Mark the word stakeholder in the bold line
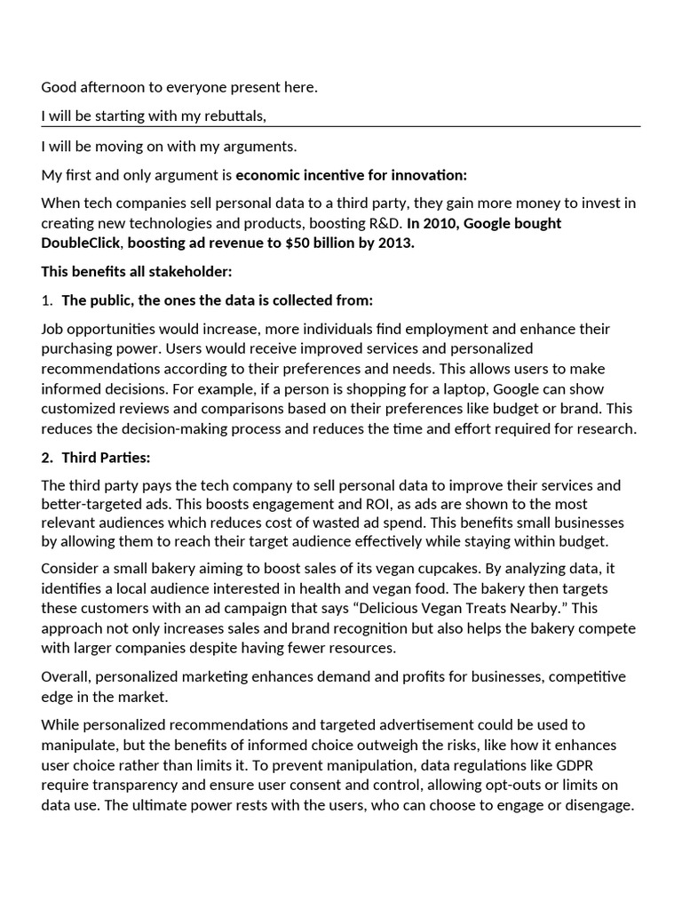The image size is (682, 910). pos(189,271)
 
